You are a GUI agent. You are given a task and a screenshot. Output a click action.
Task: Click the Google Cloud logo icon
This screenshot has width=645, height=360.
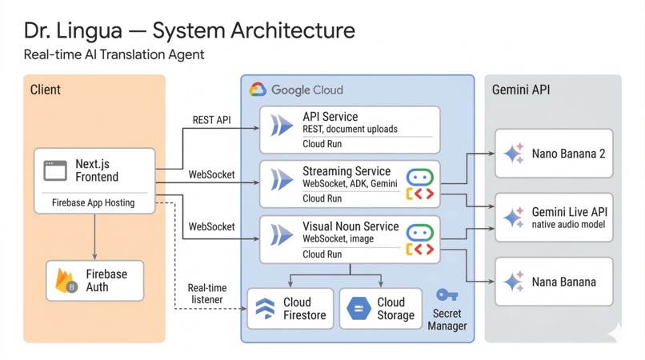pyautogui.click(x=258, y=90)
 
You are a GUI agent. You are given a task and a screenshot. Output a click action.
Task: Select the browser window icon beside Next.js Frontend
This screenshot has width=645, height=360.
pyautogui.click(x=55, y=170)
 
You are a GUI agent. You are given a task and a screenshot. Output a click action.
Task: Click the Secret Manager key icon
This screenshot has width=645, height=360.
pyautogui.click(x=446, y=296)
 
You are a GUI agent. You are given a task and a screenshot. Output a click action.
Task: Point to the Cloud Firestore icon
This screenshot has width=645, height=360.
pyautogui.click(x=265, y=309)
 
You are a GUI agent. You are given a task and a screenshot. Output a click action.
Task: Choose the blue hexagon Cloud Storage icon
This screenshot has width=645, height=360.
pyautogui.click(x=359, y=309)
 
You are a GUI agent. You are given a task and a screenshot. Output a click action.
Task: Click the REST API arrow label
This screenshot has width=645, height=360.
pyautogui.click(x=211, y=120)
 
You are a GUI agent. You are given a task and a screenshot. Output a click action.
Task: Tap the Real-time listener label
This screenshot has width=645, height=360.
pyautogui.click(x=206, y=294)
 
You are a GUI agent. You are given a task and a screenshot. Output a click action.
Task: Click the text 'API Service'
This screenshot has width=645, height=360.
pyautogui.click(x=330, y=117)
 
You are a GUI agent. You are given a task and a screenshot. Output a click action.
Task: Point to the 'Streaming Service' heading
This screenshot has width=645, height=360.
pyautogui.click(x=347, y=171)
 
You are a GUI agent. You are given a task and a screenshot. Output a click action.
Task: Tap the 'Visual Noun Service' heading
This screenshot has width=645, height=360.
pyautogui.click(x=351, y=226)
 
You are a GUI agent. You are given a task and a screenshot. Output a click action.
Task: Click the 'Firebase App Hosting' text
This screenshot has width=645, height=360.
pyautogui.click(x=93, y=203)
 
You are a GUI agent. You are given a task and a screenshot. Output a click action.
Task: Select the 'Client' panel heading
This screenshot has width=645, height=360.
pyautogui.click(x=46, y=90)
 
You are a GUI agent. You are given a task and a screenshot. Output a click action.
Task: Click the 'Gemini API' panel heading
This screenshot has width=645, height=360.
pyautogui.click(x=521, y=90)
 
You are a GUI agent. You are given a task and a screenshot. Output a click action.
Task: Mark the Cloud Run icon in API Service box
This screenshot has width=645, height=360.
pyautogui.click(x=281, y=126)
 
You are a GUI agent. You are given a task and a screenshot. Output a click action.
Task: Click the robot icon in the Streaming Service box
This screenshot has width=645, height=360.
pyautogui.click(x=420, y=176)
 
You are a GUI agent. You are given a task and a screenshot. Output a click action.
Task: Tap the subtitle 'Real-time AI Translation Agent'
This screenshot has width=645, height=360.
pyautogui.click(x=114, y=54)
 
